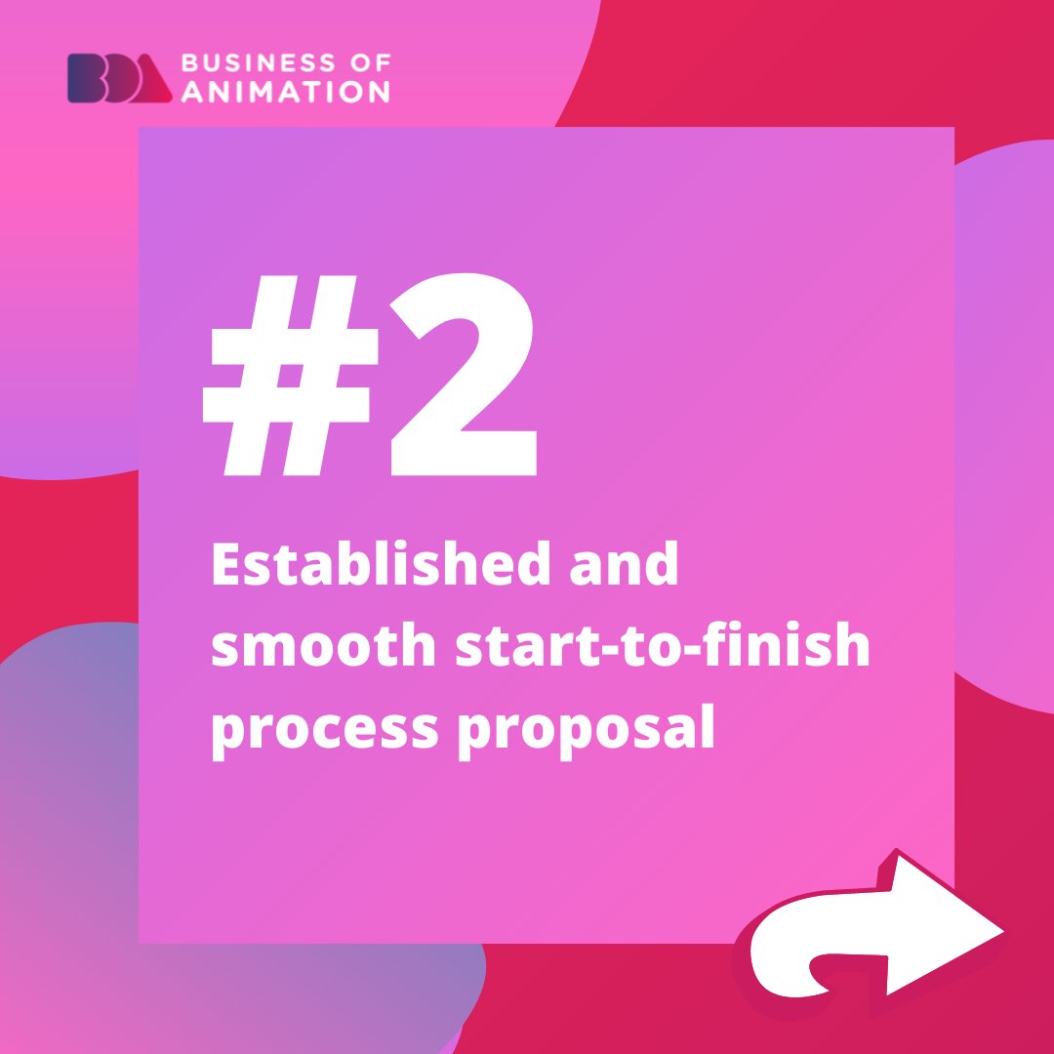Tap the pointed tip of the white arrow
click(x=1001, y=929)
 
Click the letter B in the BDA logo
click(x=81, y=78)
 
